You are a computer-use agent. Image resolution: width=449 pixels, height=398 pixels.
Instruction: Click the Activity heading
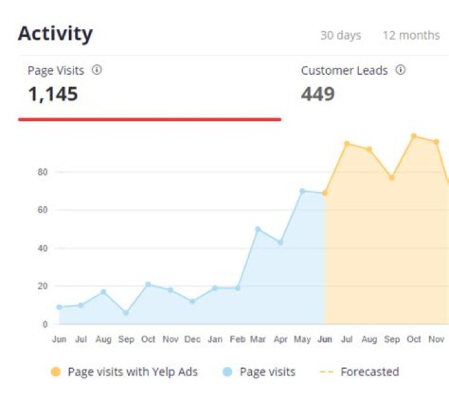click(x=55, y=34)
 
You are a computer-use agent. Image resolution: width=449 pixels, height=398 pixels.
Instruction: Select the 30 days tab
click(x=340, y=36)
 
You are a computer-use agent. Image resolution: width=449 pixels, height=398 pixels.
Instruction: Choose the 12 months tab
click(x=411, y=36)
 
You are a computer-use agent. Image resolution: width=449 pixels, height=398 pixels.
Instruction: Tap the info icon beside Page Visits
click(x=97, y=70)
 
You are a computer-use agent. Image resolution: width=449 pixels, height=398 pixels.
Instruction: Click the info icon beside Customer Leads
click(x=400, y=70)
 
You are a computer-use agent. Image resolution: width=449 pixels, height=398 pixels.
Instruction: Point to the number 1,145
click(x=53, y=95)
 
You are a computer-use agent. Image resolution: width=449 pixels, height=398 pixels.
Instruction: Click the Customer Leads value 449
click(x=318, y=95)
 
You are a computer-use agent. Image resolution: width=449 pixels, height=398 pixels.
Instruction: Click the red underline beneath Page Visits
click(x=150, y=119)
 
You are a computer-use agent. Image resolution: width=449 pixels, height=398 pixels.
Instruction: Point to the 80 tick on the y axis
click(x=42, y=172)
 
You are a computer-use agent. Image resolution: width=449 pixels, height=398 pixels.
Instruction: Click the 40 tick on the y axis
click(x=42, y=249)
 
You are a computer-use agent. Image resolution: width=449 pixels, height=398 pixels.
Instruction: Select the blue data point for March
click(x=258, y=229)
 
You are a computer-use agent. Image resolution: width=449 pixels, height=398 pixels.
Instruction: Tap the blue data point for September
click(x=126, y=313)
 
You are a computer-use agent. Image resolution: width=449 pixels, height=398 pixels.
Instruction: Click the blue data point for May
click(x=302, y=191)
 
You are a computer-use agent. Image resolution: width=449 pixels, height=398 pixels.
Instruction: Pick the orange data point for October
click(x=413, y=136)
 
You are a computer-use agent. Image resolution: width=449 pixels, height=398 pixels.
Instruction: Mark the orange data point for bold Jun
click(x=325, y=193)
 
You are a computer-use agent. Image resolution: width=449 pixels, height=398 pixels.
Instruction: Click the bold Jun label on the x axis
click(x=325, y=339)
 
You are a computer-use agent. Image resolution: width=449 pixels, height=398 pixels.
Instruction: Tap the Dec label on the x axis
click(x=193, y=339)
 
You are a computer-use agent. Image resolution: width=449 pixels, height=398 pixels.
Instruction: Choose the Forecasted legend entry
click(x=369, y=372)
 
